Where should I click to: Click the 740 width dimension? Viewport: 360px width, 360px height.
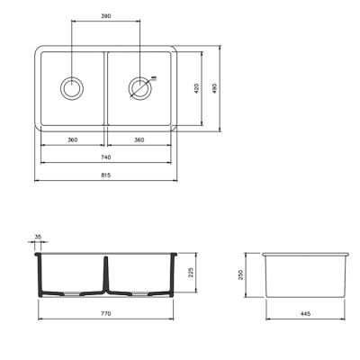tap(105, 157)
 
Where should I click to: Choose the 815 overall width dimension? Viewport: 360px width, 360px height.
tap(105, 175)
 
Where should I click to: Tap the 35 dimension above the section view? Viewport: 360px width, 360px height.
tap(37, 238)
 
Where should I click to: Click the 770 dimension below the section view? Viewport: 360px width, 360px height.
tap(105, 313)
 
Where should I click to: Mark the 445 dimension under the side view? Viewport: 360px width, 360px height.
tap(306, 313)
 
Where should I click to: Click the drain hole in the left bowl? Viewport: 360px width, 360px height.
tap(71, 88)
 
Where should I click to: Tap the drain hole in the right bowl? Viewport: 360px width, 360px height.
tap(139, 88)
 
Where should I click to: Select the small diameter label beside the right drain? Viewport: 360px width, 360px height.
tap(155, 78)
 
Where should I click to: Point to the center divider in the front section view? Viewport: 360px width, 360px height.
tap(105, 274)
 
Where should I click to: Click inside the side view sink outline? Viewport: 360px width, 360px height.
tap(306, 274)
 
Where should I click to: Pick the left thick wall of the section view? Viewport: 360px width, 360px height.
tap(38, 274)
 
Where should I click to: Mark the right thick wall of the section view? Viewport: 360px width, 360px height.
tap(173, 274)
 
